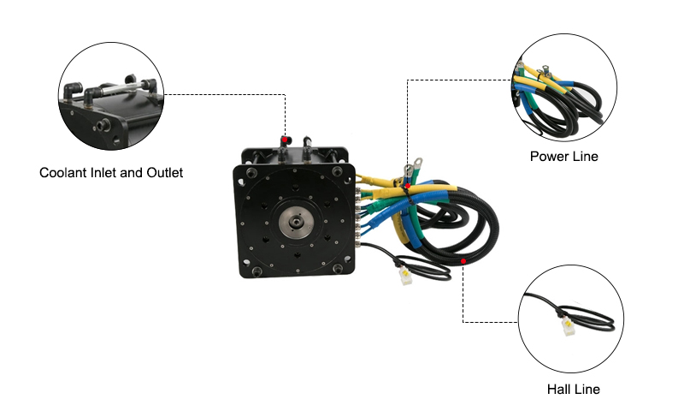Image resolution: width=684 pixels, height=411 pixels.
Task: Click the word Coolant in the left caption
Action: tap(65, 173)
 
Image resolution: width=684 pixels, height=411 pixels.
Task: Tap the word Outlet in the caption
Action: tap(162, 173)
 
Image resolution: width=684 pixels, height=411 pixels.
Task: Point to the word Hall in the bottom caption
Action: tap(560, 390)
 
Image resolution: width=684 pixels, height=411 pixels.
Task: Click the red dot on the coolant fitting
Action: tap(284, 139)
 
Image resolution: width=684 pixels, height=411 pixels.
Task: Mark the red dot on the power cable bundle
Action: tap(407, 186)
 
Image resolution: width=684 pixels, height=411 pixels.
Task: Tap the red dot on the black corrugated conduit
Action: tap(463, 260)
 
